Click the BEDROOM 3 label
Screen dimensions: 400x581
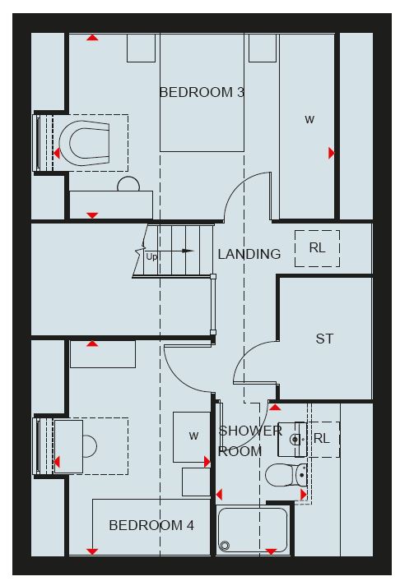(202, 92)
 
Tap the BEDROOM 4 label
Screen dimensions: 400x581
(151, 525)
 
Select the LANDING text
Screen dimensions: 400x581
(249, 254)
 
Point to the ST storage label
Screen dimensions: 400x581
(324, 339)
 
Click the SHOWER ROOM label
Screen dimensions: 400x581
(250, 441)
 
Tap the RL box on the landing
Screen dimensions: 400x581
(317, 248)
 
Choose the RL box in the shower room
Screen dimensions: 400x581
(322, 439)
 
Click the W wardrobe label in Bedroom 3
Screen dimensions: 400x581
(309, 120)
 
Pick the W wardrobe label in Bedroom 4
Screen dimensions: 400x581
(193, 436)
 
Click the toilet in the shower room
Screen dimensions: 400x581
(286, 475)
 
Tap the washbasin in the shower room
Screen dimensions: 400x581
(292, 440)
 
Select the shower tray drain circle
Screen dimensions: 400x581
(225, 546)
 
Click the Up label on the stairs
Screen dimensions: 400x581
(151, 256)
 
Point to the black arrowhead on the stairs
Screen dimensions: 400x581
(188, 251)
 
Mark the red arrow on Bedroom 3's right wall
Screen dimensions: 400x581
(332, 153)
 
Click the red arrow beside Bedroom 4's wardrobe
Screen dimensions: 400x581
(207, 462)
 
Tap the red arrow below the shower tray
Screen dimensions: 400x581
(272, 551)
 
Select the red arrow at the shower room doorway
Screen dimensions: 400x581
(275, 408)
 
